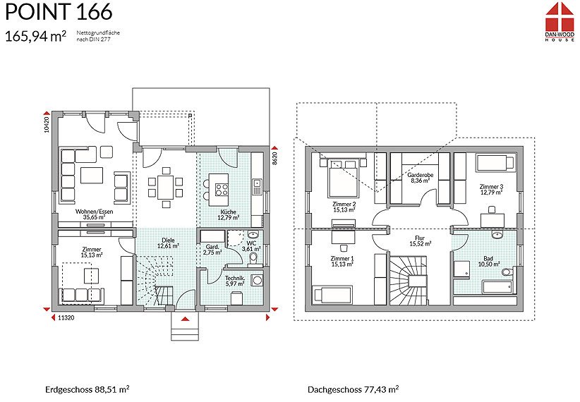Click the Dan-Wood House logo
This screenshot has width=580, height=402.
560,21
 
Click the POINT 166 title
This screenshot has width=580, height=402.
59,11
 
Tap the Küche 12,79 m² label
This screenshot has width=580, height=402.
228,215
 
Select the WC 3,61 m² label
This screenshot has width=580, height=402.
251,246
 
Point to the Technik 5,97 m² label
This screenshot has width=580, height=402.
235,281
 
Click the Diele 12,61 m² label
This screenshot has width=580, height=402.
169,243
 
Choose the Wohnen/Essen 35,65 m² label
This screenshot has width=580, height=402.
94,214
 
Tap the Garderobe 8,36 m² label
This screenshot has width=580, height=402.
421,178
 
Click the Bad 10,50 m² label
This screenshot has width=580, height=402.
489,262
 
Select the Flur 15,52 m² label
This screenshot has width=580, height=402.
420,241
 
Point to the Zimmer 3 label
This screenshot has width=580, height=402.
491,187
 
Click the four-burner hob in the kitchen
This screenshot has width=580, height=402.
222,190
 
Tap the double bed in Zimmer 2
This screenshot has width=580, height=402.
343,178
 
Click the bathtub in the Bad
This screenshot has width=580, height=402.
497,287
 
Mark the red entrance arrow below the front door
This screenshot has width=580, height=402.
186,318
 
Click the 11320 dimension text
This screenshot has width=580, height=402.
66,317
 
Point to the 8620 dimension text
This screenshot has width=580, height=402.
275,157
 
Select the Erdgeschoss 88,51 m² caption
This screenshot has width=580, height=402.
87,389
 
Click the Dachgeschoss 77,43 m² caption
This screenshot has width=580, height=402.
354,389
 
